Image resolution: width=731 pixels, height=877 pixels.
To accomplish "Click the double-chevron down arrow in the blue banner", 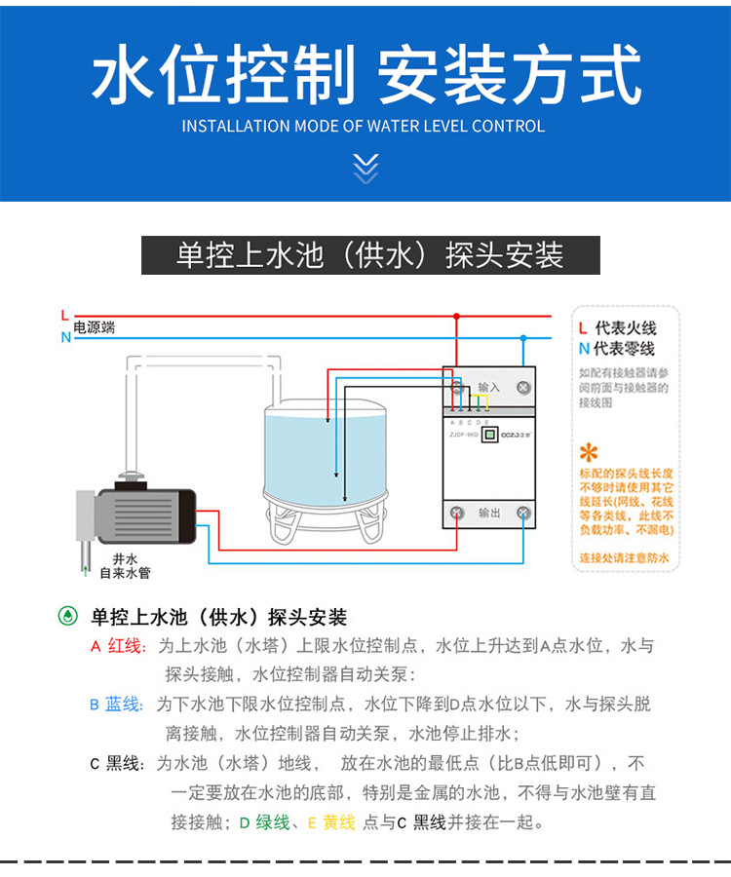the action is click(365, 168).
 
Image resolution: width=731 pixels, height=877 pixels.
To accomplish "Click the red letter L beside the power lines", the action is click(64, 316).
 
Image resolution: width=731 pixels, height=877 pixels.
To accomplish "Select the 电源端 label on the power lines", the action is click(95, 327).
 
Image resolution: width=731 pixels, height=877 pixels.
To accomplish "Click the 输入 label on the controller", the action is click(489, 388).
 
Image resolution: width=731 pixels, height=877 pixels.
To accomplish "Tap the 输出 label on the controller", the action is click(489, 513).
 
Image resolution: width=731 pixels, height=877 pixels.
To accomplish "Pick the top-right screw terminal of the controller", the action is click(523, 387).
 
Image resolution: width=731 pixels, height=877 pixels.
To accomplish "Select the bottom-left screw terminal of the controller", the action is click(455, 513).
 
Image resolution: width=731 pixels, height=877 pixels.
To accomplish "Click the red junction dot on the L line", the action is click(455, 317).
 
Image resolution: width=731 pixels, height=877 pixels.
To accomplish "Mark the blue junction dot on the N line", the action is click(523, 337).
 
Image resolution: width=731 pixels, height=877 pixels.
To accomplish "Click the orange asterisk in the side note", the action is click(589, 452).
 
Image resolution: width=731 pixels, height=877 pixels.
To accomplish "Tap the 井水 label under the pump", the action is click(124, 558).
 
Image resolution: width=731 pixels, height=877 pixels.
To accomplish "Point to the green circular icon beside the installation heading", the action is click(66, 616).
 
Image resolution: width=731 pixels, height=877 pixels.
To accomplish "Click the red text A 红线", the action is click(116, 646).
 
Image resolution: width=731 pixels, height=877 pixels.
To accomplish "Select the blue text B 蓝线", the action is click(115, 705).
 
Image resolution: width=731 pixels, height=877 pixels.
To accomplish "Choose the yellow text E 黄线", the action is click(330, 822).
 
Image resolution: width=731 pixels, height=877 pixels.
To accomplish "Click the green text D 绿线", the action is click(265, 822).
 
